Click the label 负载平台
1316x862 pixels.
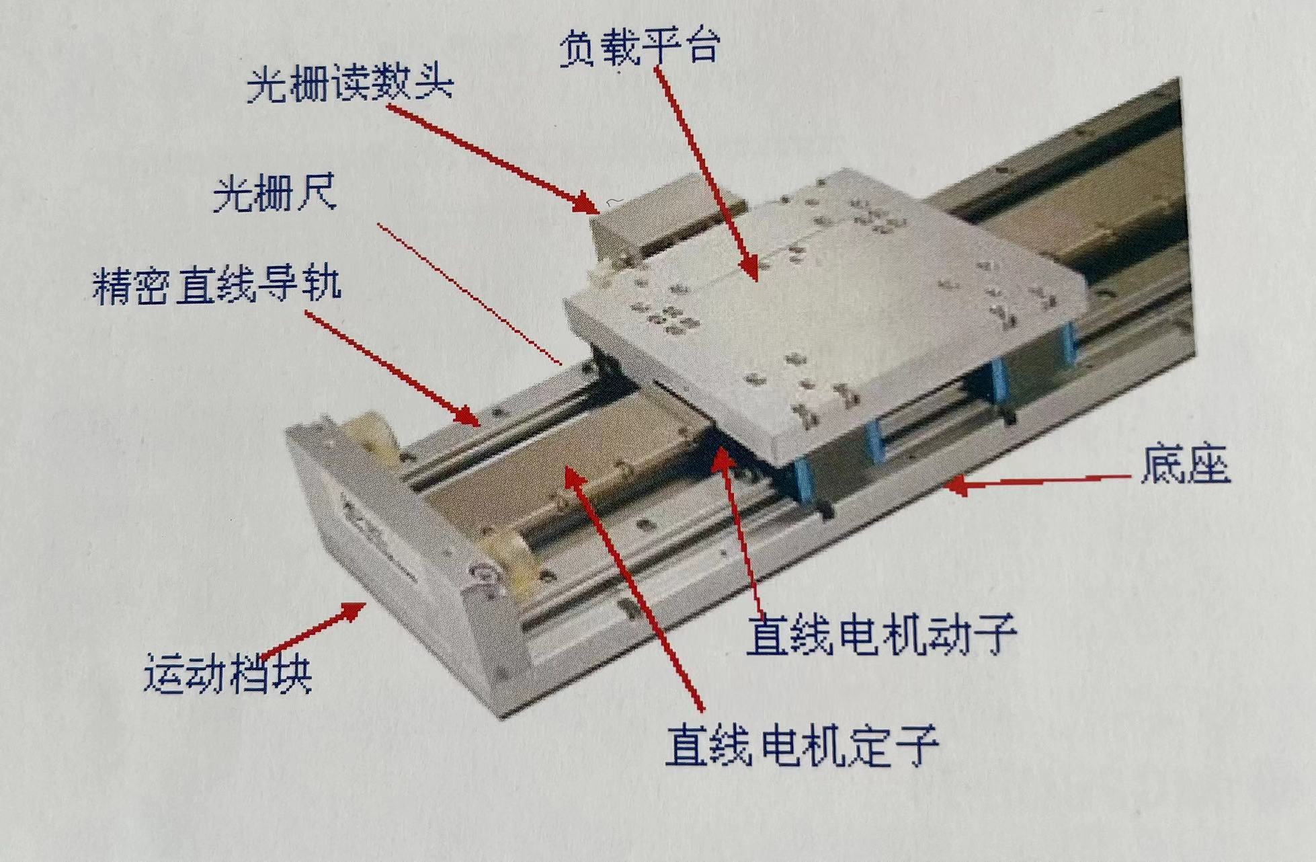(640, 48)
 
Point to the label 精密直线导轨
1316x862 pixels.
(216, 286)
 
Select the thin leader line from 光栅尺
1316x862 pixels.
(470, 294)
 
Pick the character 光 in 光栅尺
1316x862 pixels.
(233, 194)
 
